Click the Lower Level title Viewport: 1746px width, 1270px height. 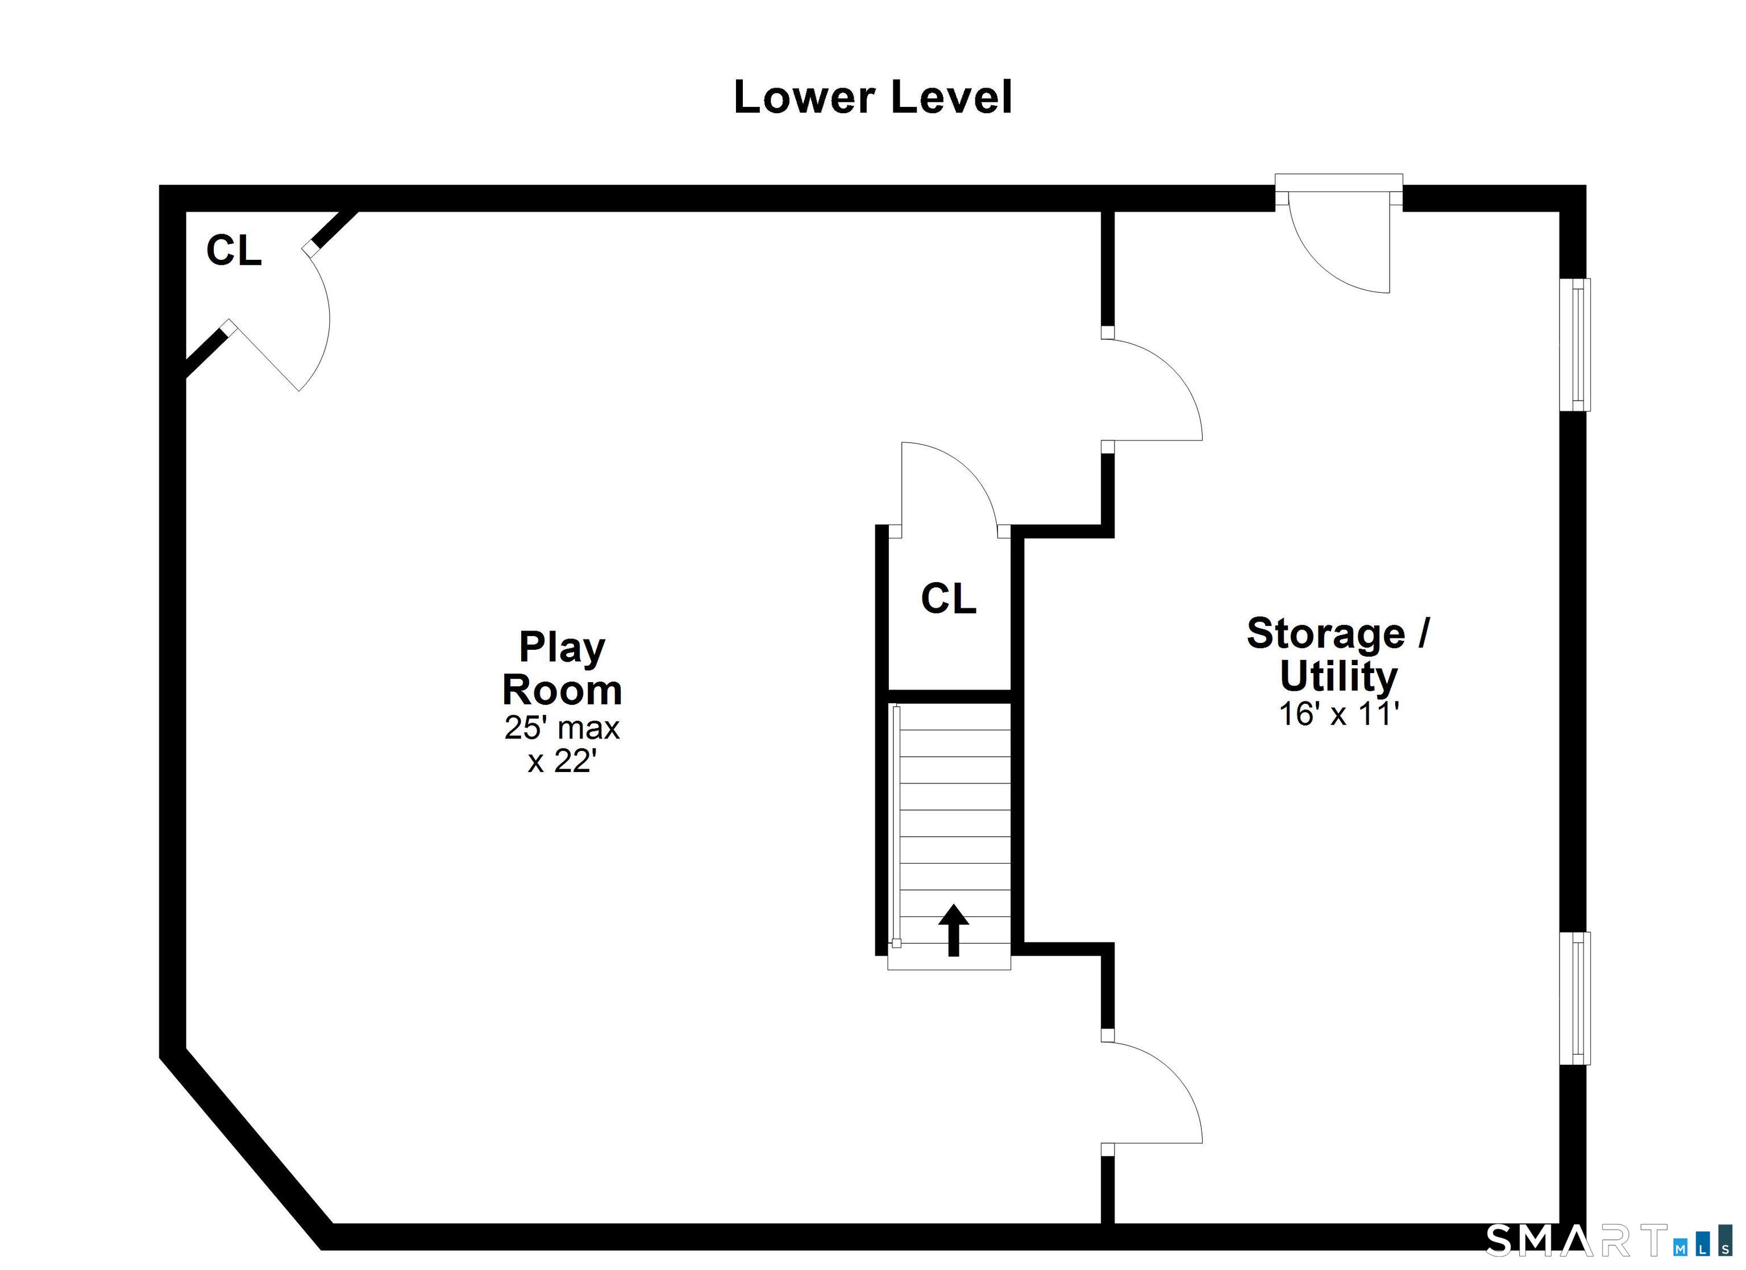coord(872,98)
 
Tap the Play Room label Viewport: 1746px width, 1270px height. coord(562,668)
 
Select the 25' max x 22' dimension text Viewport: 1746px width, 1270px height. coord(562,744)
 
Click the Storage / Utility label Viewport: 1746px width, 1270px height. coord(1338,655)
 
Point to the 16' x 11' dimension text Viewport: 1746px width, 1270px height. coord(1338,714)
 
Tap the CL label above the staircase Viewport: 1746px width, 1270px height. coord(949,599)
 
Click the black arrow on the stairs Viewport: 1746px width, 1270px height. coord(953,929)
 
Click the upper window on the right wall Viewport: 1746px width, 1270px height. coord(1575,345)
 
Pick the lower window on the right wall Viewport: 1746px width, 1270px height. coord(1575,999)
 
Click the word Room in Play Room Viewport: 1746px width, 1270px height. coord(562,690)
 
